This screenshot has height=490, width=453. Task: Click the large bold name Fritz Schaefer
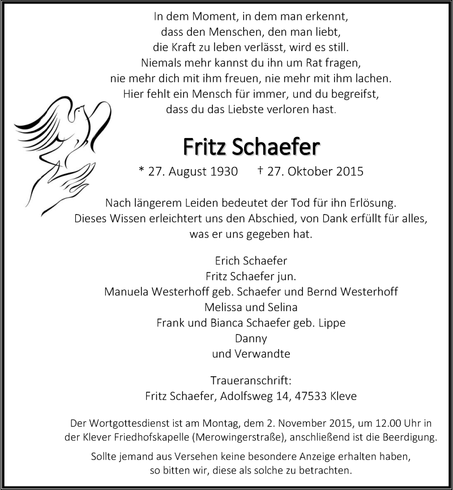[251, 147]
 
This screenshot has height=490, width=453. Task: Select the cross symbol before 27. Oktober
[260, 170]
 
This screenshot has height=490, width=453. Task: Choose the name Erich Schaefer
[251, 261]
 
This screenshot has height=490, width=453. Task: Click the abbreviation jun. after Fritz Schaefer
[287, 277]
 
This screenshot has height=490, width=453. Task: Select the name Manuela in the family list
[125, 292]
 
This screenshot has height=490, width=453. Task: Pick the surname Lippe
[332, 323]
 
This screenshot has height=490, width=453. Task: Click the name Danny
[250, 339]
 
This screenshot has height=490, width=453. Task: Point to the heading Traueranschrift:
[251, 381]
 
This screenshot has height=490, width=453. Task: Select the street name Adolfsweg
[243, 396]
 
